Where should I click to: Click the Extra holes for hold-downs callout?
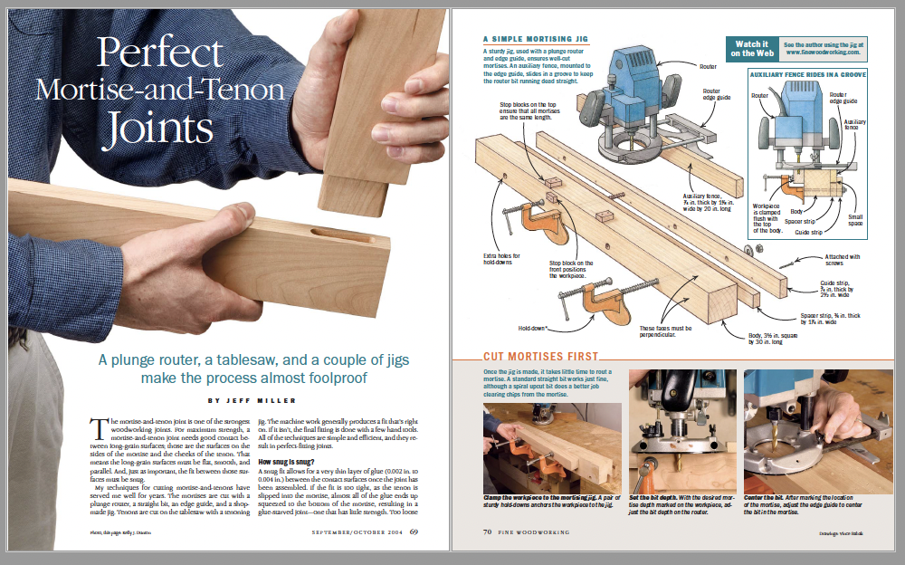[x=503, y=262]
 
